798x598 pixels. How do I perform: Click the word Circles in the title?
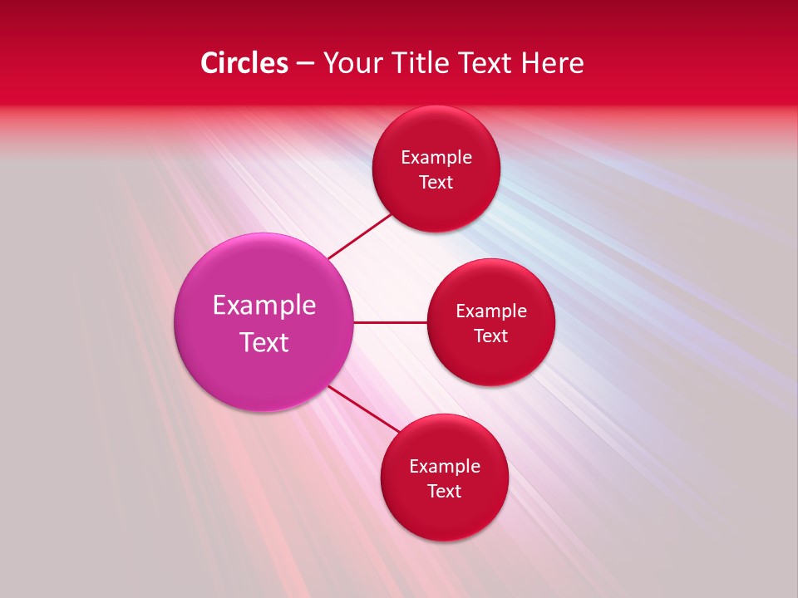coord(244,63)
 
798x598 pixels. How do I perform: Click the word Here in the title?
coord(554,63)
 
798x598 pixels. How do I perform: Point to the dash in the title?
coord(305,64)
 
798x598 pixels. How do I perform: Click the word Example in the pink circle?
coord(264,306)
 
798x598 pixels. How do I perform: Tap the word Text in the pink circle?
coord(264,342)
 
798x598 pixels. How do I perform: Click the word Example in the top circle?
coord(436,158)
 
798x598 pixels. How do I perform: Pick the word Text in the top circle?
coord(436,183)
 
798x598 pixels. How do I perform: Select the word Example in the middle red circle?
coord(491,311)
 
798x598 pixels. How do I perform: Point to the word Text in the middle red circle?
coord(491,336)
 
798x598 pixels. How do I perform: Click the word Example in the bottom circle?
coord(445,467)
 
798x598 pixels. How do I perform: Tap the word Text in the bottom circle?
coord(445,492)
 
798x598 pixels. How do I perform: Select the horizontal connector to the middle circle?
coord(390,322)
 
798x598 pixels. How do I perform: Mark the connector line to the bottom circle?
coord(364,408)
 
